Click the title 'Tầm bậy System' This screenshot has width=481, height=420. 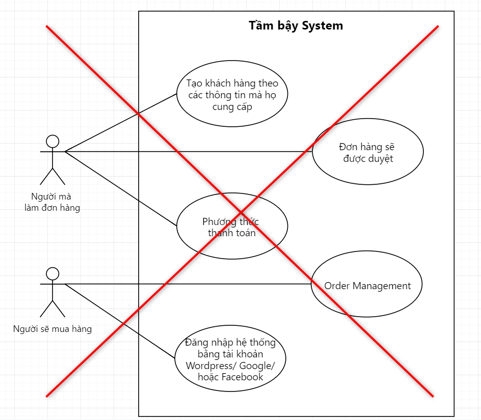296,26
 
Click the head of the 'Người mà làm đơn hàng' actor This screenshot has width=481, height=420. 52,142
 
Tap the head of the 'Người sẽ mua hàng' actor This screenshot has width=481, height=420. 52,274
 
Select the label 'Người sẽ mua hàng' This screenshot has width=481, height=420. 52,329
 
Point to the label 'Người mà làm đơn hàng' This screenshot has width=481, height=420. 52,202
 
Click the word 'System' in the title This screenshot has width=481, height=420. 323,26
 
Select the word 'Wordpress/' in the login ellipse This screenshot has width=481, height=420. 211,366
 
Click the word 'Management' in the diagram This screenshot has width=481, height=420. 382,286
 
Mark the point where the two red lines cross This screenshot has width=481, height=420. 241,212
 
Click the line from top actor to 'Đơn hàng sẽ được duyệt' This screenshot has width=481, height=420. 189,151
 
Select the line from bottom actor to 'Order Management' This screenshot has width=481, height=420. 188,284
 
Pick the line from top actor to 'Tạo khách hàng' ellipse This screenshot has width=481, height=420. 121,123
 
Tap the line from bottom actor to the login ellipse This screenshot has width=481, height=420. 120,321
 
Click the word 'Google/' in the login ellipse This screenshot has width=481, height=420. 257,366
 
